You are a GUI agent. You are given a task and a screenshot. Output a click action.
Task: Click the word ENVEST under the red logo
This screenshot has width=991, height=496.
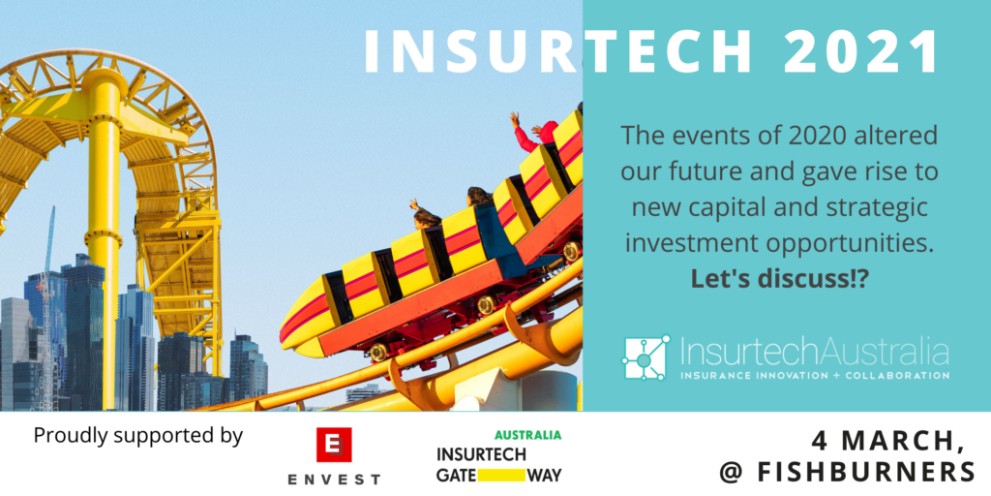pos(334,479)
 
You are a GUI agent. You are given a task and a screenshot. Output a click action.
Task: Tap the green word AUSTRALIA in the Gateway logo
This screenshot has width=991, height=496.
pos(527,435)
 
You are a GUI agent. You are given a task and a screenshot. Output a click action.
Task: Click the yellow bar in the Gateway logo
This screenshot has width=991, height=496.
pos(495,475)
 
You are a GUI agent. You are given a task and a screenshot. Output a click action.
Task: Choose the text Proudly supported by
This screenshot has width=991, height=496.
pos(137,435)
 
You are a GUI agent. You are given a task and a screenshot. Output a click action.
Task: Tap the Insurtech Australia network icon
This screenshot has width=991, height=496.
pos(646,357)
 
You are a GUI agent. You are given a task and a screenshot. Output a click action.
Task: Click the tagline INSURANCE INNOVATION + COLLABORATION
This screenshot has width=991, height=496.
pos(813,374)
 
